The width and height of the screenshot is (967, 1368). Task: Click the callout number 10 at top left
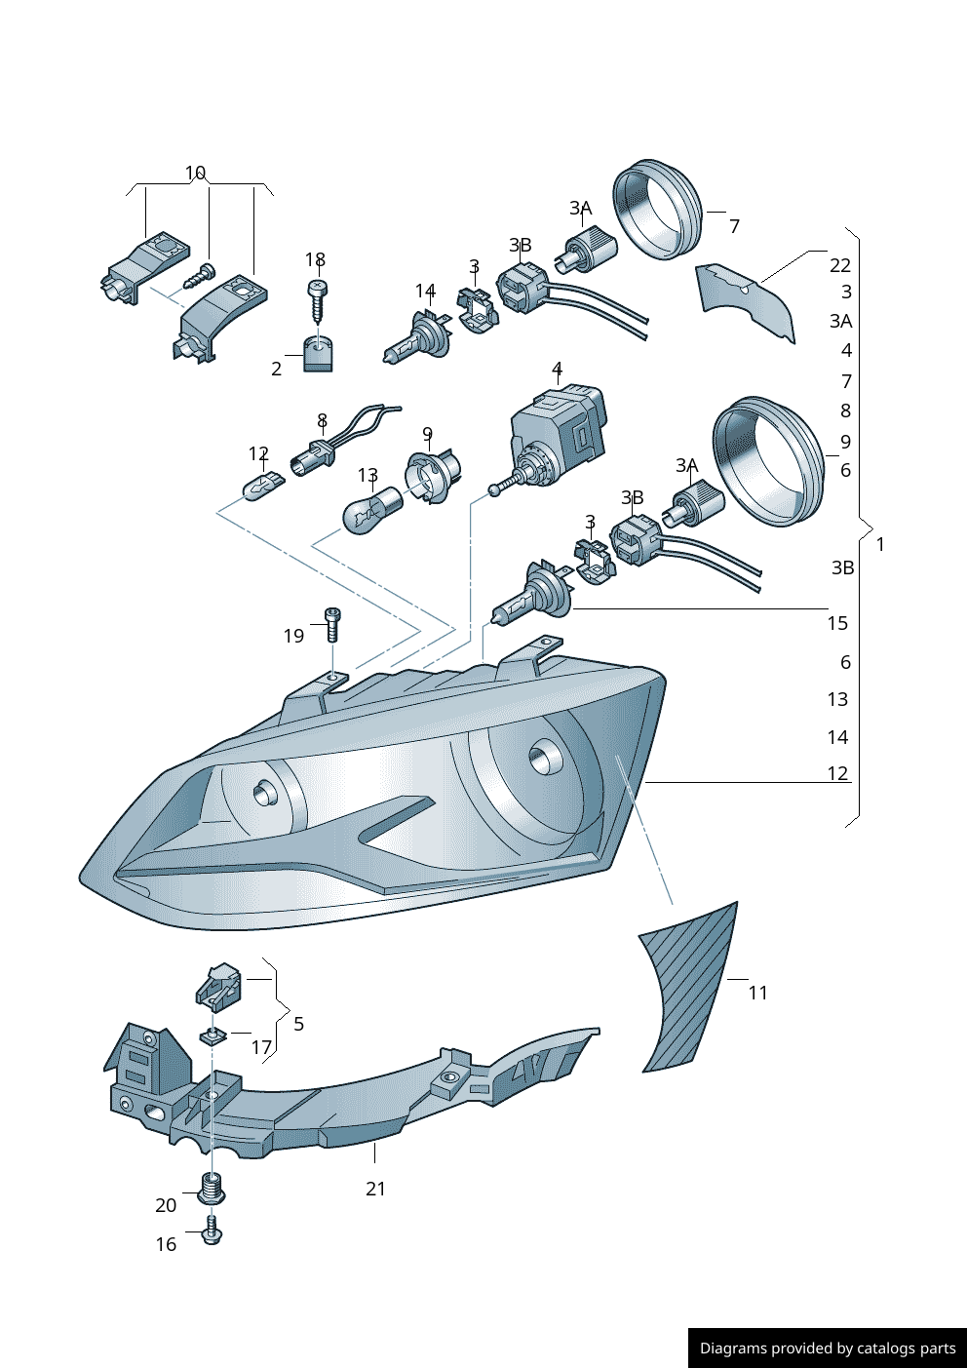click(195, 173)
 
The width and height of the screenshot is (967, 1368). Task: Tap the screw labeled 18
click(318, 301)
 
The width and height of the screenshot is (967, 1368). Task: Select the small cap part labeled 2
click(318, 354)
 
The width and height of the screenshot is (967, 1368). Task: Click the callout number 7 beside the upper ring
click(734, 226)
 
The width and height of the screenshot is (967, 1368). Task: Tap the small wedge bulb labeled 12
click(261, 487)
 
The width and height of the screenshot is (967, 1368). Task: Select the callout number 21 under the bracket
click(375, 1189)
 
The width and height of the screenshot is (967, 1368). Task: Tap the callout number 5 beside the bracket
click(298, 1023)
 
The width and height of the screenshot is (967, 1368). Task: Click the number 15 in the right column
click(837, 623)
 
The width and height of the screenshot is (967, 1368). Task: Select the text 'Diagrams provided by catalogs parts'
click(828, 1348)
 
